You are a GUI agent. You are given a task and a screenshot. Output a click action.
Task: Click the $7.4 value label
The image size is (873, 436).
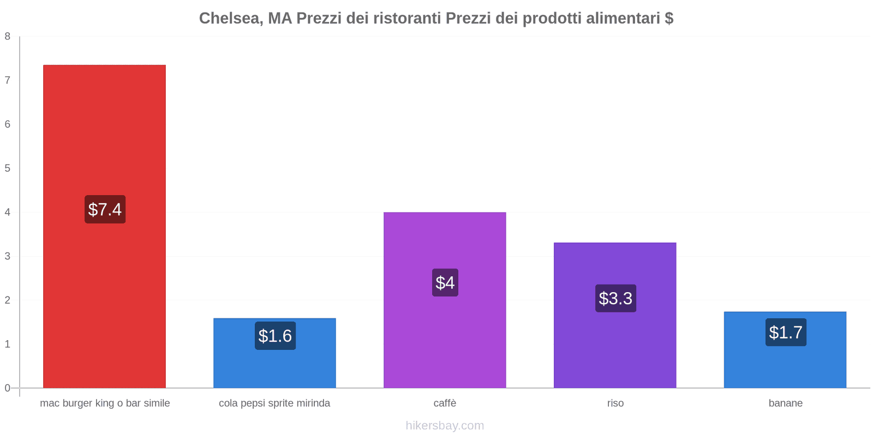(x=105, y=209)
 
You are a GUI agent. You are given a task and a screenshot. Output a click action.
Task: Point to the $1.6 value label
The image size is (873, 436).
(x=275, y=336)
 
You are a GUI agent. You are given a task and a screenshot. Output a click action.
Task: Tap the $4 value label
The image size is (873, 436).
(x=445, y=282)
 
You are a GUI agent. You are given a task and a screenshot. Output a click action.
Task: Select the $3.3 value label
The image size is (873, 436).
(x=615, y=298)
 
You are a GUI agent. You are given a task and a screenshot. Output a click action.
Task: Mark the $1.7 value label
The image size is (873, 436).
(x=786, y=332)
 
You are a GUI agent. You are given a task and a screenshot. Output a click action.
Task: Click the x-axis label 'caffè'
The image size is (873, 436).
(x=445, y=403)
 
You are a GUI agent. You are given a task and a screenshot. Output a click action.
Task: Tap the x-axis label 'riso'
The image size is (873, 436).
(x=615, y=403)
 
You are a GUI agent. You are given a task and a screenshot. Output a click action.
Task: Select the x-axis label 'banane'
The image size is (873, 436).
(x=785, y=403)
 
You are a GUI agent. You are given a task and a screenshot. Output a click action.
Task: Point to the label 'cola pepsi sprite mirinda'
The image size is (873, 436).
(x=274, y=403)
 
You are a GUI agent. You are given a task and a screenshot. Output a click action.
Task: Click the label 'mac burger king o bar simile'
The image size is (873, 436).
(x=105, y=403)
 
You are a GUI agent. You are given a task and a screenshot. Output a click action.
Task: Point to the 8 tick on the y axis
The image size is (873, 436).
(x=8, y=37)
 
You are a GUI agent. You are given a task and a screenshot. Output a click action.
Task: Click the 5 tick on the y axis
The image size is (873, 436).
(x=8, y=168)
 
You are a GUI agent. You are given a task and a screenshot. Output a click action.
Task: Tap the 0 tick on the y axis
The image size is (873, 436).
(x=8, y=388)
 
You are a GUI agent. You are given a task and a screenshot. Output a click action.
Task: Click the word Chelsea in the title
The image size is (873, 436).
(x=229, y=19)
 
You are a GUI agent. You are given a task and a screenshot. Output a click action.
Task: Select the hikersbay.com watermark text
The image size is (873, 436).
(x=445, y=426)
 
